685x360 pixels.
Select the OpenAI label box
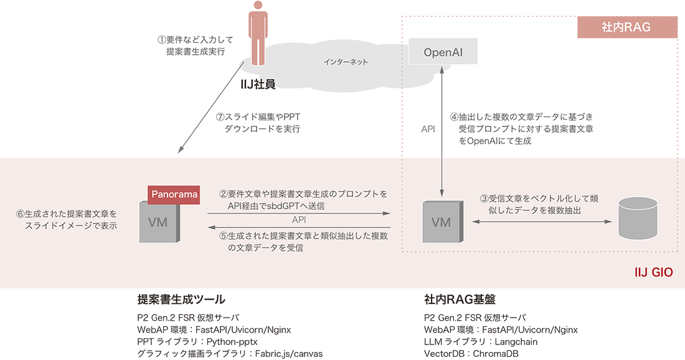[x=443, y=52]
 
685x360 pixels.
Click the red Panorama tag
[x=174, y=194]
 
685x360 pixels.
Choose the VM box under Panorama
[x=158, y=222]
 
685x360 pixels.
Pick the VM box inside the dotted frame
[x=442, y=222]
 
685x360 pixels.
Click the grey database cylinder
[x=636, y=219]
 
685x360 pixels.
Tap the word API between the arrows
[x=299, y=220]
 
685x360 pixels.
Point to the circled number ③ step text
[x=539, y=204]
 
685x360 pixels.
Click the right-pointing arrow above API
[x=299, y=214]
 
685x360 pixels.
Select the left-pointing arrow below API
[x=299, y=227]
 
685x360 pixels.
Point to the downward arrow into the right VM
[x=442, y=178]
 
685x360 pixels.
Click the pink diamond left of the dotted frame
[x=393, y=121]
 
